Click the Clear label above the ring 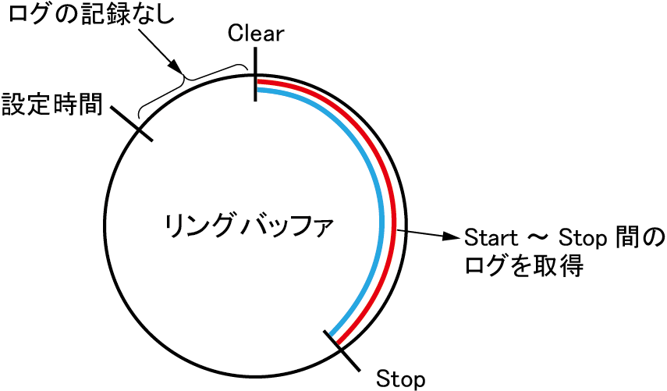(x=256, y=34)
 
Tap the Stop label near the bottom (x=401, y=379)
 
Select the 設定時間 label (x=52, y=105)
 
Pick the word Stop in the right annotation (x=576, y=237)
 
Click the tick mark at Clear (x=255, y=74)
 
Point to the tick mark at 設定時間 (x=134, y=122)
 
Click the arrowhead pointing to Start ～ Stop (x=450, y=236)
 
